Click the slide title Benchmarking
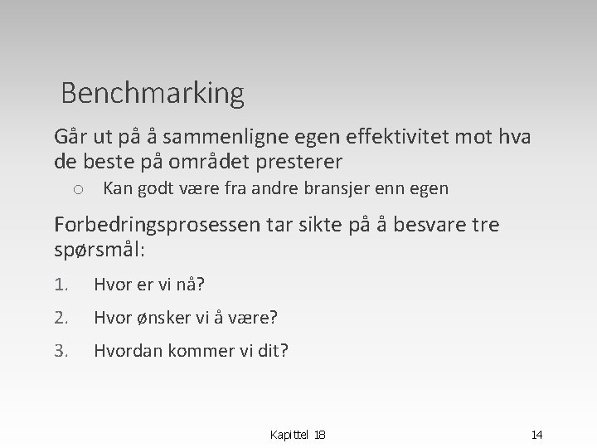(x=153, y=93)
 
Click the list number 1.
(x=61, y=285)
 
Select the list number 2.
(x=61, y=318)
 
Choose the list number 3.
(x=61, y=350)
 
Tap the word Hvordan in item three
(x=129, y=350)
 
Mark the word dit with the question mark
(x=273, y=350)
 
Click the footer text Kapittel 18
(x=298, y=434)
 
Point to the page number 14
(x=536, y=434)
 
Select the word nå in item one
(x=192, y=285)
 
